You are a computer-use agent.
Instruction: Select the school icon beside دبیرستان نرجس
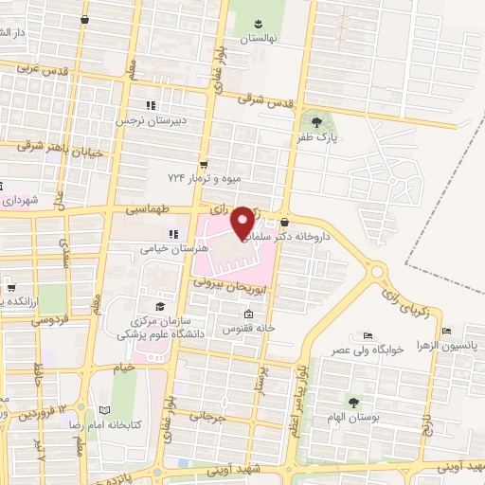tap(148, 105)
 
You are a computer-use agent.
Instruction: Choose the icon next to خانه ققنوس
tap(249, 314)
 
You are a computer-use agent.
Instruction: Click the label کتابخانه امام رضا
tap(135, 424)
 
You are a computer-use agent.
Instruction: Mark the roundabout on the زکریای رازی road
tap(379, 273)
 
